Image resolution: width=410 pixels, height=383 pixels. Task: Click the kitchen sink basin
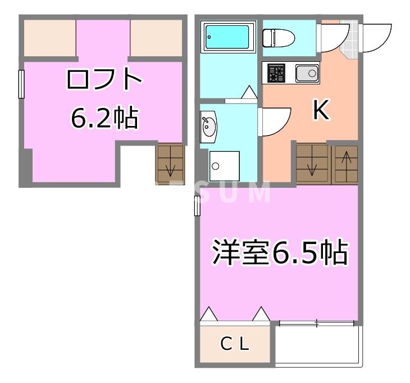[x=307, y=74]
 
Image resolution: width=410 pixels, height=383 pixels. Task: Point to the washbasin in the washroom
[x=208, y=127]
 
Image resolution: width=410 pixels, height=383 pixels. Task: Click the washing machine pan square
[x=225, y=165]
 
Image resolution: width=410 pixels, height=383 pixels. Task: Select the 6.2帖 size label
[x=104, y=118]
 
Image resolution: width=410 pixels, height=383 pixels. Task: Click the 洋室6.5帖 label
[x=279, y=253]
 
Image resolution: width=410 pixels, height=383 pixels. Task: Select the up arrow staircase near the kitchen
[x=345, y=164]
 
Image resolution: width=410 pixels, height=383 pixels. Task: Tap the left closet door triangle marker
[x=208, y=314]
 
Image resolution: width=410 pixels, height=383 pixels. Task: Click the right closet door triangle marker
[x=261, y=314]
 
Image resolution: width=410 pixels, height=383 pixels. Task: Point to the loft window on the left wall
[x=21, y=84]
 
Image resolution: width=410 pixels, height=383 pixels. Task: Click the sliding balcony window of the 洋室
[x=316, y=323]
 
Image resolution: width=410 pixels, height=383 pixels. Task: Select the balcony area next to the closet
[x=318, y=345]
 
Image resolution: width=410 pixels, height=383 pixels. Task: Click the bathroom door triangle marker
[x=249, y=92]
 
